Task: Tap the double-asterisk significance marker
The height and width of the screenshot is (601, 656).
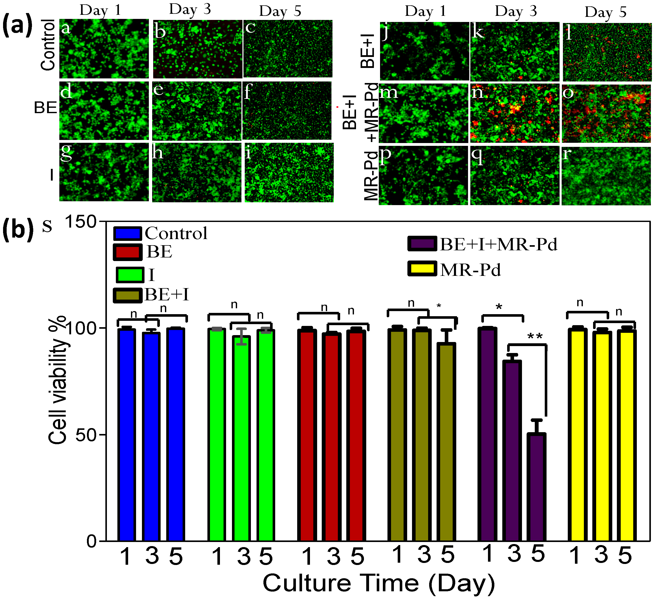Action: tap(535, 337)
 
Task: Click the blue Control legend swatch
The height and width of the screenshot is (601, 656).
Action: tap(127, 233)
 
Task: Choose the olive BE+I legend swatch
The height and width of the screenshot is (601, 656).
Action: tap(127, 295)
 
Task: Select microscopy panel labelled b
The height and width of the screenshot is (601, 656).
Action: tap(198, 49)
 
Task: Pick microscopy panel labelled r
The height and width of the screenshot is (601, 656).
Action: tap(606, 176)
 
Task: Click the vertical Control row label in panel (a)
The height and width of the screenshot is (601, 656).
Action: tap(48, 45)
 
